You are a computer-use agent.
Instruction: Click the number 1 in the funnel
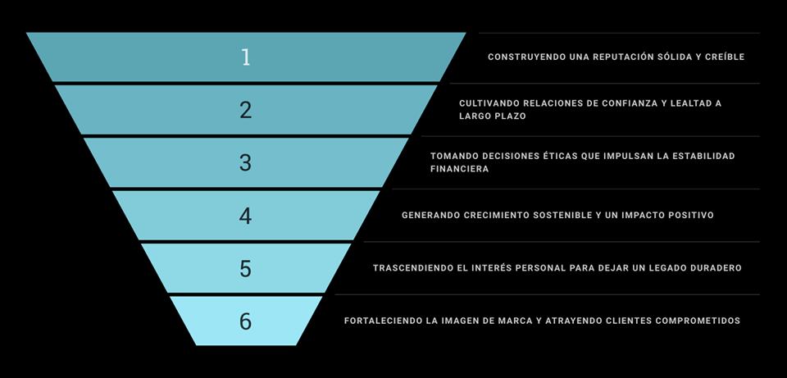pyautogui.click(x=245, y=57)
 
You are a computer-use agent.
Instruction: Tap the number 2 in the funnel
pyautogui.click(x=245, y=110)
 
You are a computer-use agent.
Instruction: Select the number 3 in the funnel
pyautogui.click(x=245, y=162)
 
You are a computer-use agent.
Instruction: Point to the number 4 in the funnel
pyautogui.click(x=245, y=216)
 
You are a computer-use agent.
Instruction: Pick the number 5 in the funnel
pyautogui.click(x=245, y=268)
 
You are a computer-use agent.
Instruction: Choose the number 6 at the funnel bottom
pyautogui.click(x=245, y=321)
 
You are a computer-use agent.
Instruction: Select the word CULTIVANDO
pyautogui.click(x=489, y=103)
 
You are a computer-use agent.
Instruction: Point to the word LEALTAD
pyautogui.click(x=688, y=103)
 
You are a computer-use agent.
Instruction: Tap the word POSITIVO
pyautogui.click(x=687, y=216)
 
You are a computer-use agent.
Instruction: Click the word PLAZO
pyautogui.click(x=509, y=116)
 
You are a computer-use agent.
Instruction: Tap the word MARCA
pyautogui.click(x=512, y=321)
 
